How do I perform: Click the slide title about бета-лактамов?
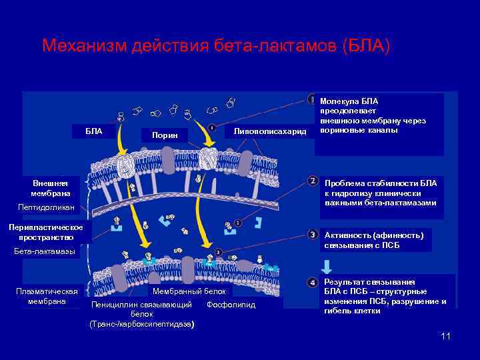pos(215,46)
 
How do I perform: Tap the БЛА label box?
pos(94,131)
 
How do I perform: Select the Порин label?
pos(165,135)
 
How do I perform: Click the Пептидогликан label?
pos(45,208)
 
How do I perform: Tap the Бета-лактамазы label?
pos(45,251)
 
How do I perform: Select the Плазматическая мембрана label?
pos(47,296)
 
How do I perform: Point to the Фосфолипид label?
pos(231,305)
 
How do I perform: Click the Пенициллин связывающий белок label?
pos(141,314)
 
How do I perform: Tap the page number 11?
pos(445,336)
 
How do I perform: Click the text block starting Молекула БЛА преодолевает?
pos(373,115)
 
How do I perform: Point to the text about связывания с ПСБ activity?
pos(373,239)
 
